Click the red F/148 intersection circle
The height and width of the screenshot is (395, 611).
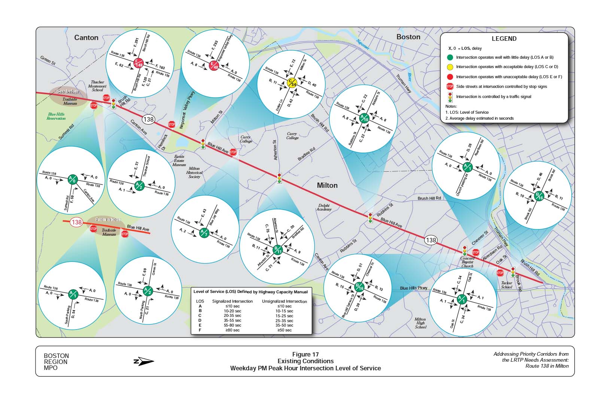pos(139,63)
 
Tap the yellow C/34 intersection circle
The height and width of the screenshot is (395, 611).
pos(291,83)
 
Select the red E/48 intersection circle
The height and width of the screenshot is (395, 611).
pos(214,65)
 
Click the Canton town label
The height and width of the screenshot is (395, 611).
pos(86,37)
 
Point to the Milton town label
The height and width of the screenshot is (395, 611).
pos(327,185)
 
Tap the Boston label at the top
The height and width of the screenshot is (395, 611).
pos(408,37)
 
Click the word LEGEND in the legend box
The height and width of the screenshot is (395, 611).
pos(504,39)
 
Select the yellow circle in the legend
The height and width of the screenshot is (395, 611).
pos(450,67)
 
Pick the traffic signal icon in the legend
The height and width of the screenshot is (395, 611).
pos(450,97)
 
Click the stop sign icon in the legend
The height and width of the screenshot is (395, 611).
pos(450,86)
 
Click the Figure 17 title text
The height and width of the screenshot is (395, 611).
pos(305,354)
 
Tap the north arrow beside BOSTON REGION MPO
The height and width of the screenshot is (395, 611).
pos(144,361)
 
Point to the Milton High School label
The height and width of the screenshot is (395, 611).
pos(420,323)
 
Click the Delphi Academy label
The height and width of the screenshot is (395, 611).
pos(324,207)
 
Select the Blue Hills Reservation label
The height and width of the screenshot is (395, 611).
pos(56,116)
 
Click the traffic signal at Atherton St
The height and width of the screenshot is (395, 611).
pos(279,178)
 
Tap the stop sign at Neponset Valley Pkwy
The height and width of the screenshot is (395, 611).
pos(171,124)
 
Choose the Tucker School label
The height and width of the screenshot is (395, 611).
pos(507,285)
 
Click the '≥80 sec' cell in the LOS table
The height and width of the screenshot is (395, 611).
pos(231,330)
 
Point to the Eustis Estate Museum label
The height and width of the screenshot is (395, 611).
pos(179,160)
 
